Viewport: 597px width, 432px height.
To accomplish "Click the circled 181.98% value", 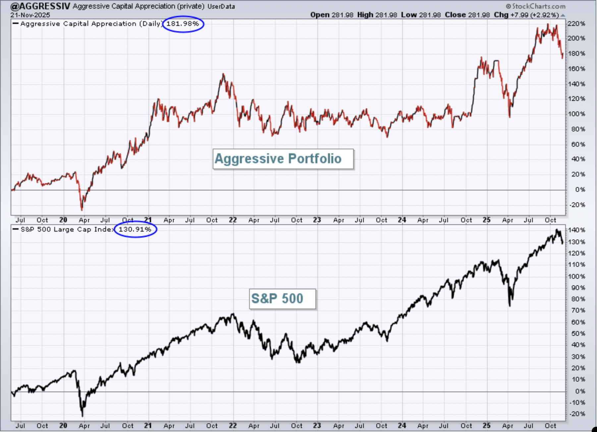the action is tap(183, 24).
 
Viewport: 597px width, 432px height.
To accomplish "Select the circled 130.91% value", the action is tap(135, 229).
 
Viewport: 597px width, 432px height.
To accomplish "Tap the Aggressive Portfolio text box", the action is tap(283, 159).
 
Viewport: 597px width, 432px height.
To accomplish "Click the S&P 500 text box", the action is tap(282, 299).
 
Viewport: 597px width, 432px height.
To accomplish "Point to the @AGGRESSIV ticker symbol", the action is tap(40, 6).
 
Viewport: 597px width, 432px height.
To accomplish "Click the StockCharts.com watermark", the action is tap(536, 6).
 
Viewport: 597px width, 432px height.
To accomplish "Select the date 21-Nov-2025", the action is tap(30, 15).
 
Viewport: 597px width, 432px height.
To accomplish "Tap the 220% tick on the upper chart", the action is tap(576, 24).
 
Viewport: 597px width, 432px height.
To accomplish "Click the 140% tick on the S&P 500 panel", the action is tap(576, 230).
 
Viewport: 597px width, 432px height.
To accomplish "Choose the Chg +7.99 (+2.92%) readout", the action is tap(526, 15).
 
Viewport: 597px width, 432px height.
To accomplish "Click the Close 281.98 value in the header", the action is tap(467, 15).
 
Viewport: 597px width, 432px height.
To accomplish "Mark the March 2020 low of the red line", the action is tap(82, 209).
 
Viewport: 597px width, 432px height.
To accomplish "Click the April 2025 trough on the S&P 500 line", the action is tap(510, 305).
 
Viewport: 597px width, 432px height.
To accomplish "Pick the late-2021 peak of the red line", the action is tap(223, 74).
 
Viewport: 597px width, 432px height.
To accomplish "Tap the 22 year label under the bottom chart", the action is tap(233, 426).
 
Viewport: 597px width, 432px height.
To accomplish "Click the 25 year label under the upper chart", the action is tap(486, 220).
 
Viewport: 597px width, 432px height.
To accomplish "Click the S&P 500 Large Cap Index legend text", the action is tap(67, 230).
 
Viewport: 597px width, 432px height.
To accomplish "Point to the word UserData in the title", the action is tap(221, 7).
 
